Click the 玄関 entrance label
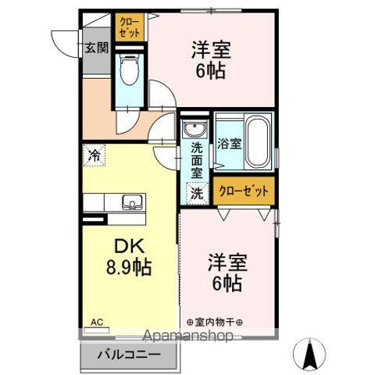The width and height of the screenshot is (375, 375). pos(96,48)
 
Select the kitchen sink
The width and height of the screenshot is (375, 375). pos(131,204)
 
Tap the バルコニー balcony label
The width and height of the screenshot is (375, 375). pos(129,355)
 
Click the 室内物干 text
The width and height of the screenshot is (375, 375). pos(216,321)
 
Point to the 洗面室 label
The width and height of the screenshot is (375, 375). pos(197,159)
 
